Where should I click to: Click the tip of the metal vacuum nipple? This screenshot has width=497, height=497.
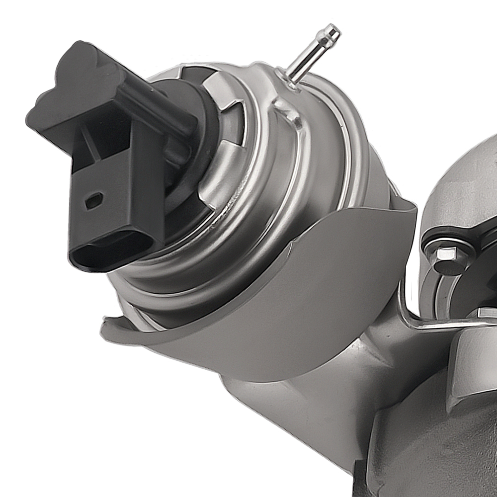[x=332, y=31]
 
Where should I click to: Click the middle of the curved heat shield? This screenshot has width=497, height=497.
[x=278, y=298]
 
